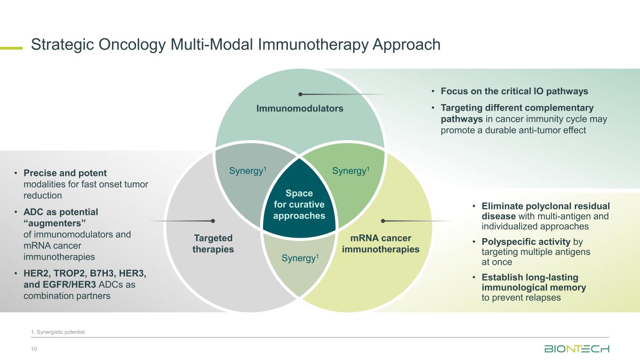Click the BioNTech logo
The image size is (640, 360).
577,349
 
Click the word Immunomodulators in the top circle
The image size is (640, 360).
300,108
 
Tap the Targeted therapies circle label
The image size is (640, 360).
213,243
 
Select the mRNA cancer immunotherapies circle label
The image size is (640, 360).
381,243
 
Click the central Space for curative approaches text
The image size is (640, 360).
299,204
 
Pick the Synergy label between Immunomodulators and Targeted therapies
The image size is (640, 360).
248,171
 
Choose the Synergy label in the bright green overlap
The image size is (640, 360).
351,171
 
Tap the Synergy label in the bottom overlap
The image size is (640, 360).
300,258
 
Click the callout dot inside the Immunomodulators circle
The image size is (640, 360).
300,94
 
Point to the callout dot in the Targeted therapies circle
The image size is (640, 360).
213,221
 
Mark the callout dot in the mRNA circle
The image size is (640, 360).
383,221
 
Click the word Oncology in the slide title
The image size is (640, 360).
132,45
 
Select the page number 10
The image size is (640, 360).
34,349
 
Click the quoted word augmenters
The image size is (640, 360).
54,223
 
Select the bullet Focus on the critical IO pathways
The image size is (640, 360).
514,91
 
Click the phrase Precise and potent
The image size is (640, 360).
65,173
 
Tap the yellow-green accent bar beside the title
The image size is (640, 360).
11,48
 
